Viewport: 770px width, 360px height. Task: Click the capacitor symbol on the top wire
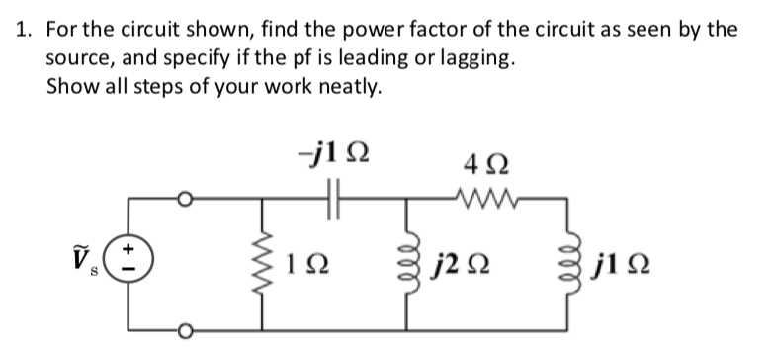333,199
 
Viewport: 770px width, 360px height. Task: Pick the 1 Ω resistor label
301,265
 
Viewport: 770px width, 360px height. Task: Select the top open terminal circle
182,199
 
